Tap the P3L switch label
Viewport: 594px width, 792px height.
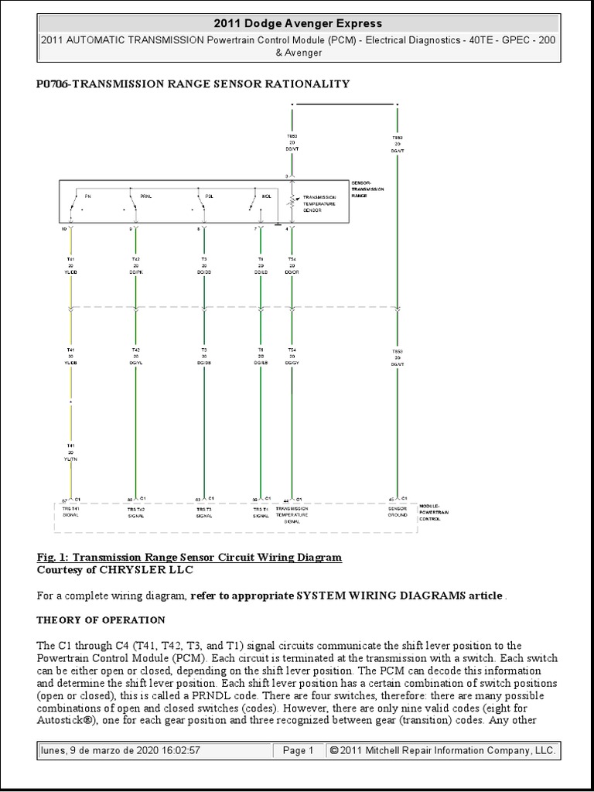[209, 196]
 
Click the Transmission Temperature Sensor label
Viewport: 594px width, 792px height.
[318, 203]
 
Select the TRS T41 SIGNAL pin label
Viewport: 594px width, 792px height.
[71, 511]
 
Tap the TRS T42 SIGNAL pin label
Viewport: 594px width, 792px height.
[136, 512]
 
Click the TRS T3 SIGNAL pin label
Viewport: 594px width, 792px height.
[204, 512]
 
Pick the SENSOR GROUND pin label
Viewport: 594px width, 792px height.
[398, 511]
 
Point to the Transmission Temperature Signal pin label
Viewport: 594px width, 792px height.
[292, 514]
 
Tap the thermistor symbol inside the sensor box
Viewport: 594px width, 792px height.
[292, 202]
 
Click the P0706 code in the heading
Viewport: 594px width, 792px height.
[52, 84]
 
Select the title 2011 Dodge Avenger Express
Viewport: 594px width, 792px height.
[297, 24]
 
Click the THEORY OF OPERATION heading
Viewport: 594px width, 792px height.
[101, 620]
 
